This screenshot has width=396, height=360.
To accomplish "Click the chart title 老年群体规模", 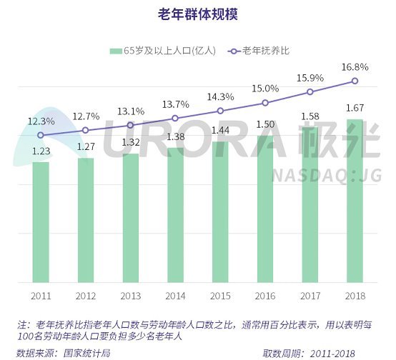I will [197, 14].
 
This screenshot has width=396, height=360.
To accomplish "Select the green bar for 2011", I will [41, 221].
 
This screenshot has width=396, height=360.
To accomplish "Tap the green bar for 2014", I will [175, 214].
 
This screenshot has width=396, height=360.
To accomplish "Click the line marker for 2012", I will [86, 130].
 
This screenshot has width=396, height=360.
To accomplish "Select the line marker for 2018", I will [355, 81].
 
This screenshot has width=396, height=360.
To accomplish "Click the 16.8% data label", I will [355, 66].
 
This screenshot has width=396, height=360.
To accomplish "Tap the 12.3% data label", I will [41, 121].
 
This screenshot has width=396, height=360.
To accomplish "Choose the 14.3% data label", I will [220, 96].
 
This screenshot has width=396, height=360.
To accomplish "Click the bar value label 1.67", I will [355, 108].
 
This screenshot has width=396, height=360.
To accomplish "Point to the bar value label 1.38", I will [175, 136].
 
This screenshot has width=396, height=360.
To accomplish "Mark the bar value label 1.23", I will [41, 151].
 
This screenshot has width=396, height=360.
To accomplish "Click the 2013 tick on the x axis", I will [130, 294].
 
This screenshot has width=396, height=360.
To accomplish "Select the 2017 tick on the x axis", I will [310, 294].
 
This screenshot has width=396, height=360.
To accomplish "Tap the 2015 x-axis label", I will [220, 294].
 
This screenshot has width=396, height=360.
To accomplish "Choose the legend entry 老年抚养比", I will [265, 51].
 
